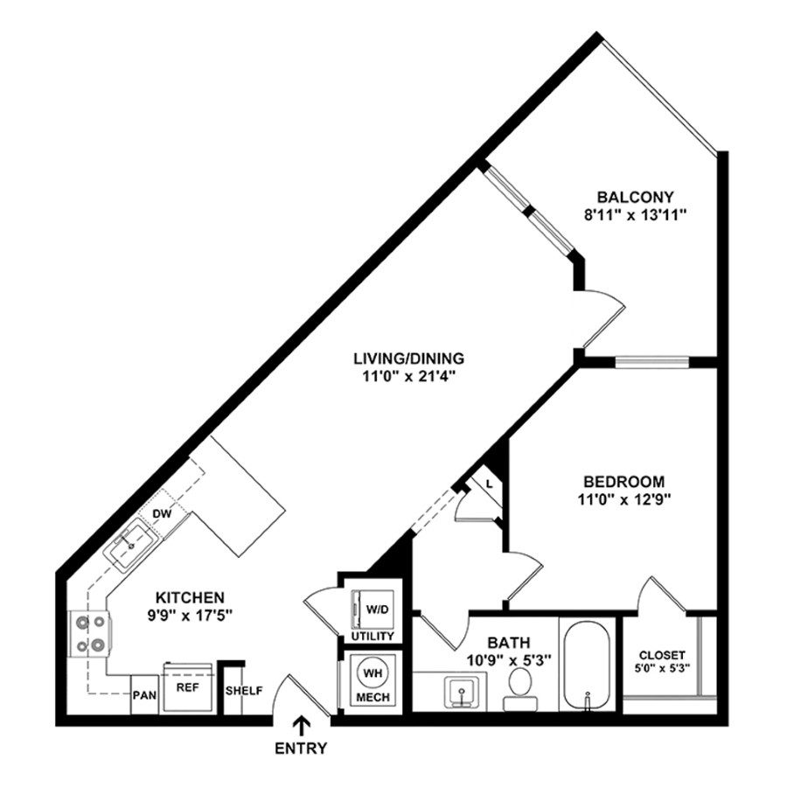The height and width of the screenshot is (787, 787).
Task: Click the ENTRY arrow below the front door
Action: coord(303,724)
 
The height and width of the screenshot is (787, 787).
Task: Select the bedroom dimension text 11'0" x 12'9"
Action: coord(623,500)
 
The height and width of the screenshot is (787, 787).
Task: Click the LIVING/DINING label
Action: coord(408,358)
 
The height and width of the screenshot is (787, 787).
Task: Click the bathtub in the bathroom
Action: coord(588,665)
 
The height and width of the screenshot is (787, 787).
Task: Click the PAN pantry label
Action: coord(145,696)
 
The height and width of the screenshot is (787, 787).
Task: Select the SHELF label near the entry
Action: coord(244,691)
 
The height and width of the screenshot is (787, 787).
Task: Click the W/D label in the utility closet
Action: coord(378,609)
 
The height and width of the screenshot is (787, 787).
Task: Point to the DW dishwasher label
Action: coord(162,513)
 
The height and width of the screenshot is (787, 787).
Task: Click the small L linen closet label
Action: coord(489,484)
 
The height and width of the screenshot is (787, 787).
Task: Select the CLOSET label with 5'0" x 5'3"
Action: coord(661,655)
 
